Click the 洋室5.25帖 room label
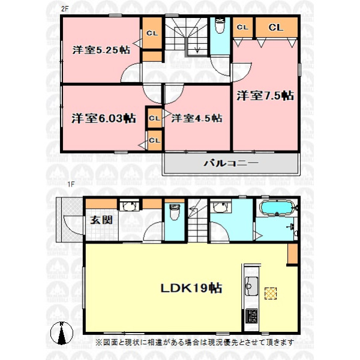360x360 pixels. coord(101,50)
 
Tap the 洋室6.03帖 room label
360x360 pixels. coord(104,118)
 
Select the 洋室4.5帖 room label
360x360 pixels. coord(197,118)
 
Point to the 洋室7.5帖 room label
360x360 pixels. coord(265,96)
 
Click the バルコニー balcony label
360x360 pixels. coord(231,163)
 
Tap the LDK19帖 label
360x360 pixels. coord(191,288)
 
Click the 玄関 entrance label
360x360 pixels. coord(101,220)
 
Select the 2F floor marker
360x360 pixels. coord(65,9)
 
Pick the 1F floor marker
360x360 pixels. coord(71,184)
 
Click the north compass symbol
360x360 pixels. coord(62,333)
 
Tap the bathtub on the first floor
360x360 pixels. coord(277,208)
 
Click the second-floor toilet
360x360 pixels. coord(220,26)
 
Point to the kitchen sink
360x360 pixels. coord(251,286)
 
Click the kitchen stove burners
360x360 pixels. coord(251,316)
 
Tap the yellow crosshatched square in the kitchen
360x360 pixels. coord(271,293)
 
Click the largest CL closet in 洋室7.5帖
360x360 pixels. coord(277,28)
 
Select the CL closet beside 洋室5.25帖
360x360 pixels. coord(152,33)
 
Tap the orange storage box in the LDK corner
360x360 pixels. coord(293,254)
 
